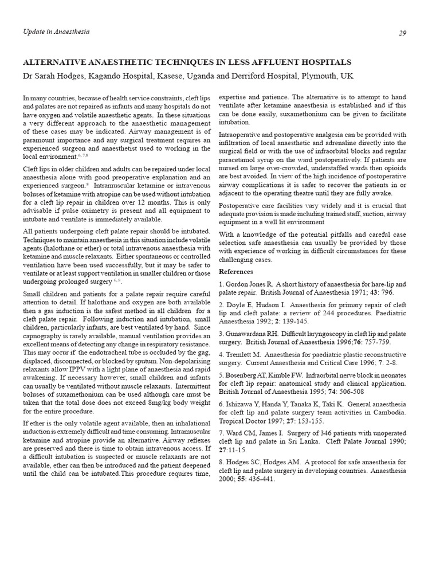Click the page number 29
(402, 33)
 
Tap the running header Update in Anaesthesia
(56, 32)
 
